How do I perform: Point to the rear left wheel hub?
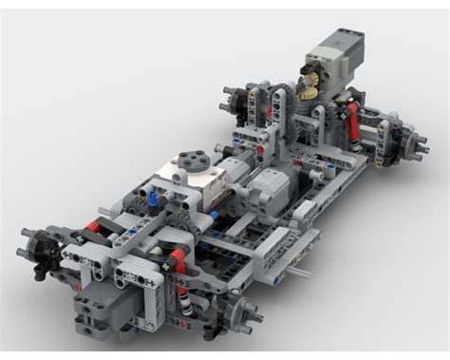click(x=234, y=98)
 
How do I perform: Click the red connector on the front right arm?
click(x=177, y=257)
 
